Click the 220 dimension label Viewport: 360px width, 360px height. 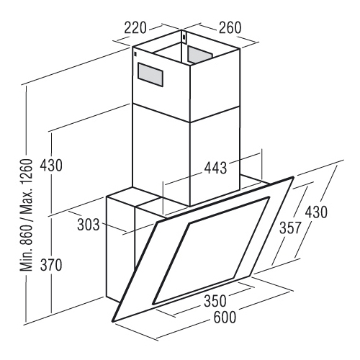point(135,27)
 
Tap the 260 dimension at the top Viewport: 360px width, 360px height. point(229,27)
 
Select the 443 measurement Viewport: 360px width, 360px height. point(215,168)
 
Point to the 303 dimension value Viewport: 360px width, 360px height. point(89,225)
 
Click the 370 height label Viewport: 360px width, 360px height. point(51,266)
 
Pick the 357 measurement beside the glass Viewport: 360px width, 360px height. point(289,228)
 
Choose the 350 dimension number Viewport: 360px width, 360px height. point(215,301)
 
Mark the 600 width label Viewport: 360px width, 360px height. point(225,317)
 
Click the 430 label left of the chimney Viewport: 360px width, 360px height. point(51,166)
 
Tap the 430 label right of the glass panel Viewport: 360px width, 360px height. point(316,212)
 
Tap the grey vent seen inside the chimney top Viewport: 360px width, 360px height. point(200,55)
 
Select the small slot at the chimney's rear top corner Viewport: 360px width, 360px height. point(184,37)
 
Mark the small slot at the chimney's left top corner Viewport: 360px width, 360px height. point(136,54)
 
